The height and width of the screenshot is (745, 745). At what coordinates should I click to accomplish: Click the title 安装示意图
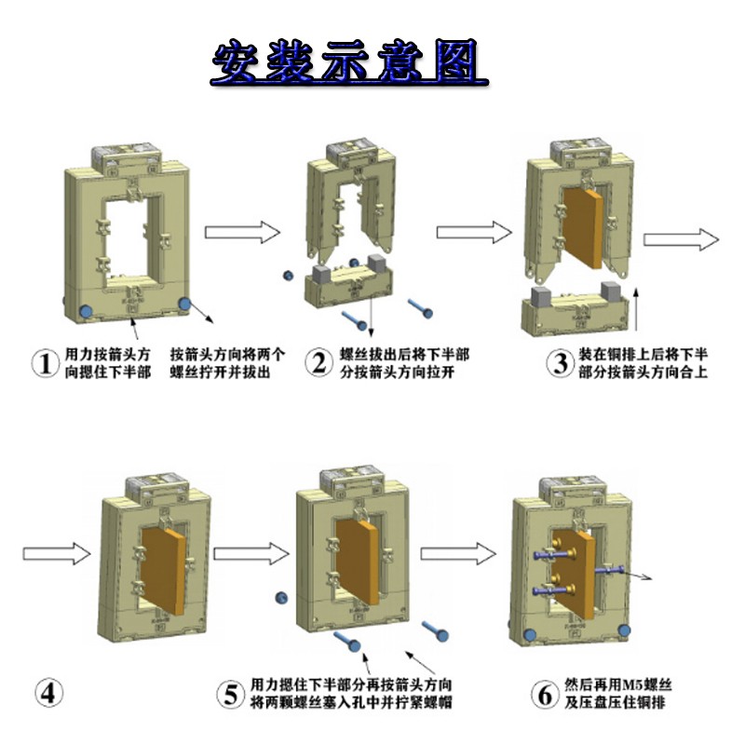tap(349, 62)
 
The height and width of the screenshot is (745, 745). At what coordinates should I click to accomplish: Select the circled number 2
tap(319, 363)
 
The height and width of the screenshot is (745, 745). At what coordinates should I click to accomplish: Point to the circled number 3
tap(559, 363)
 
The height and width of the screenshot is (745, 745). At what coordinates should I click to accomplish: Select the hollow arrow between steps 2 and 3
tap(475, 233)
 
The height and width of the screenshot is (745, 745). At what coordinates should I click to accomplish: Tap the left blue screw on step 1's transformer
tap(86, 310)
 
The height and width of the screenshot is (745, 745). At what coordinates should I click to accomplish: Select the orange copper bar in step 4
tap(162, 560)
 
